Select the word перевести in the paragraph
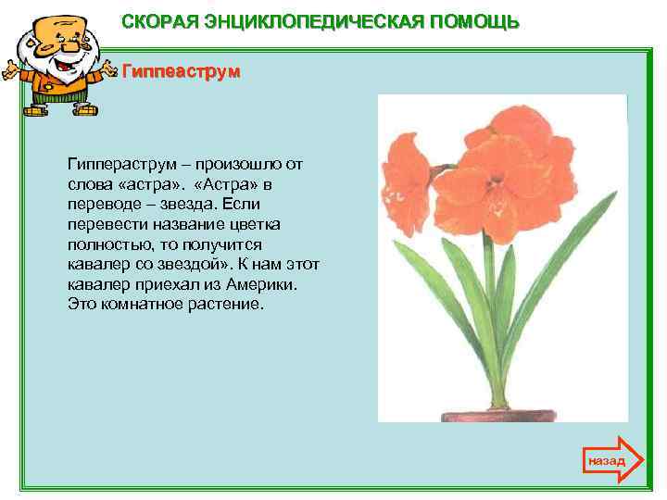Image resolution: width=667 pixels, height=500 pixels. pos(104,224)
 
